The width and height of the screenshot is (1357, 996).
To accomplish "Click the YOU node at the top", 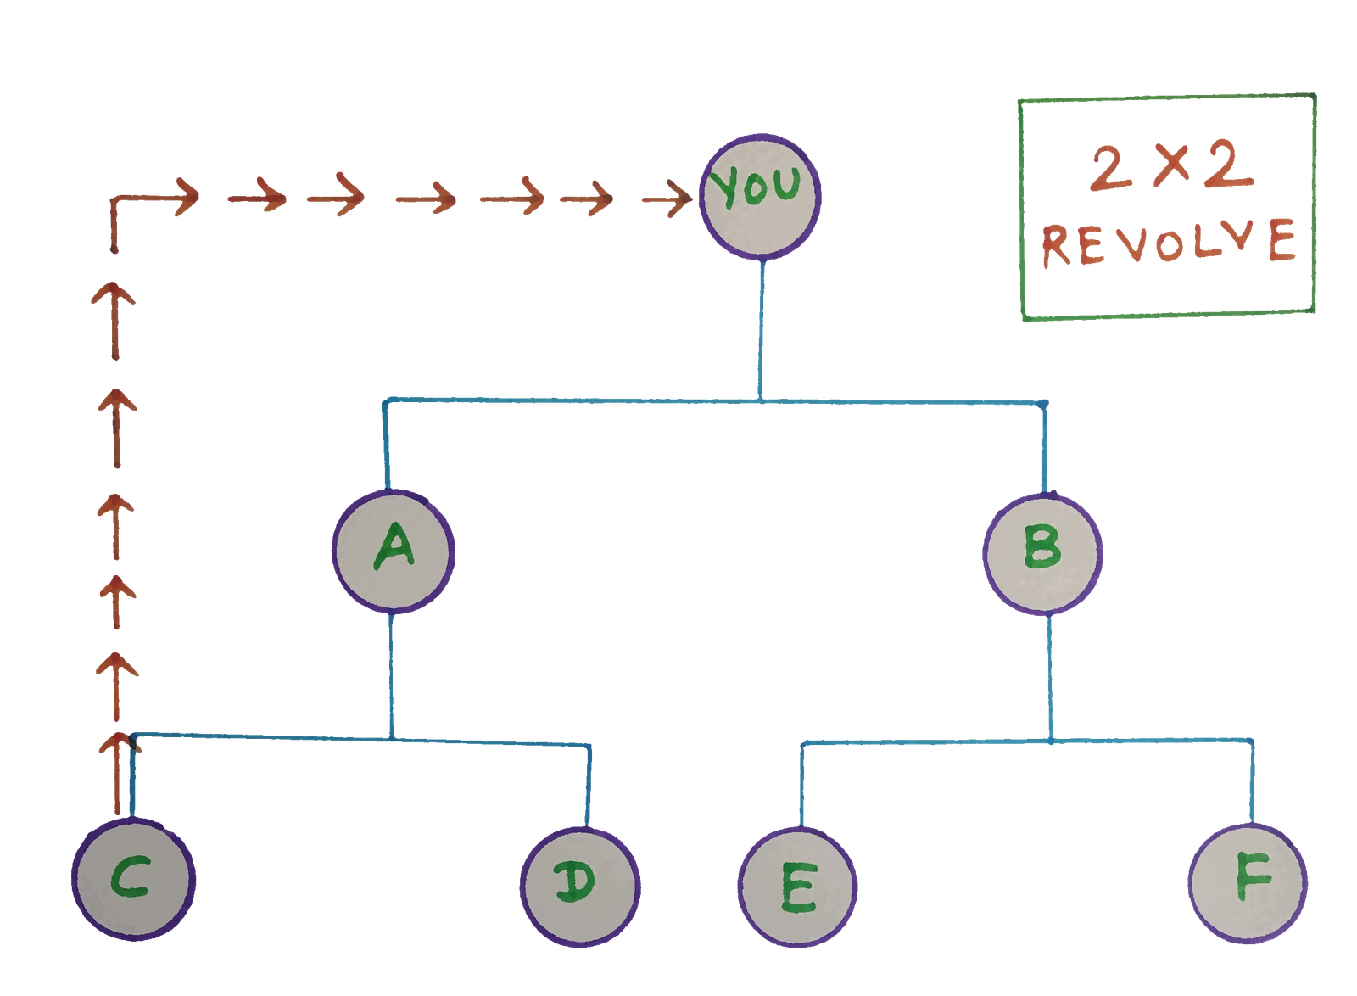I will (759, 195).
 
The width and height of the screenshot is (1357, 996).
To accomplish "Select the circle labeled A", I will (394, 550).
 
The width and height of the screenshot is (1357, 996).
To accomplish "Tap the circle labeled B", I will (1043, 551).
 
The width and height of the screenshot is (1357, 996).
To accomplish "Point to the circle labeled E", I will (796, 887).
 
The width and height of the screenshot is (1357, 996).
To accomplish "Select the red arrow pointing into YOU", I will (668, 199).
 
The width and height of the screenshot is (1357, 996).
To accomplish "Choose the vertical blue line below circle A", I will (391, 674).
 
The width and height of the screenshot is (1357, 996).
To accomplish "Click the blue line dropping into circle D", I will (589, 785).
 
